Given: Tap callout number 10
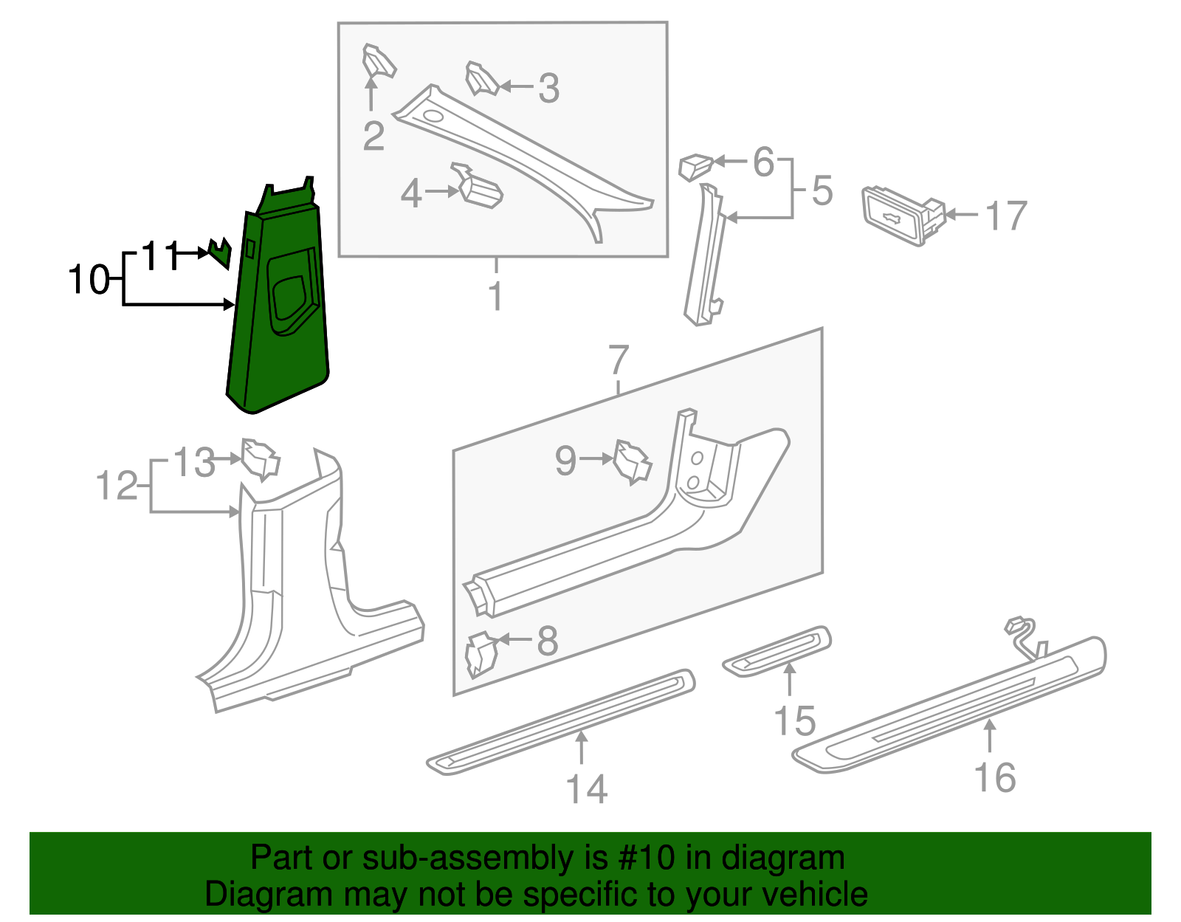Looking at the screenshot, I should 89,281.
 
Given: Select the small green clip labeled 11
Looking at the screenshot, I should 220,253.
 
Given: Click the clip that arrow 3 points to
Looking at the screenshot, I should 482,79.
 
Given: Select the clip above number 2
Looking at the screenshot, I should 378,61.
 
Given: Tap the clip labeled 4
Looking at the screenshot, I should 480,188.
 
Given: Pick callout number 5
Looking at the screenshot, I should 822,190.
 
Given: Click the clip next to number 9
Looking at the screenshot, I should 633,462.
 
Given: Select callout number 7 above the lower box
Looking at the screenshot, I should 619,360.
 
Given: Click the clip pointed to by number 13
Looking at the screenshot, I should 260,459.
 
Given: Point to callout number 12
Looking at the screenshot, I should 117,486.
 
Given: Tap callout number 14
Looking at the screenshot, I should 587,789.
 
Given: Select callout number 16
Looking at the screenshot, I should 995,777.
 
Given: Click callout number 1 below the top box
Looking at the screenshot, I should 496,296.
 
